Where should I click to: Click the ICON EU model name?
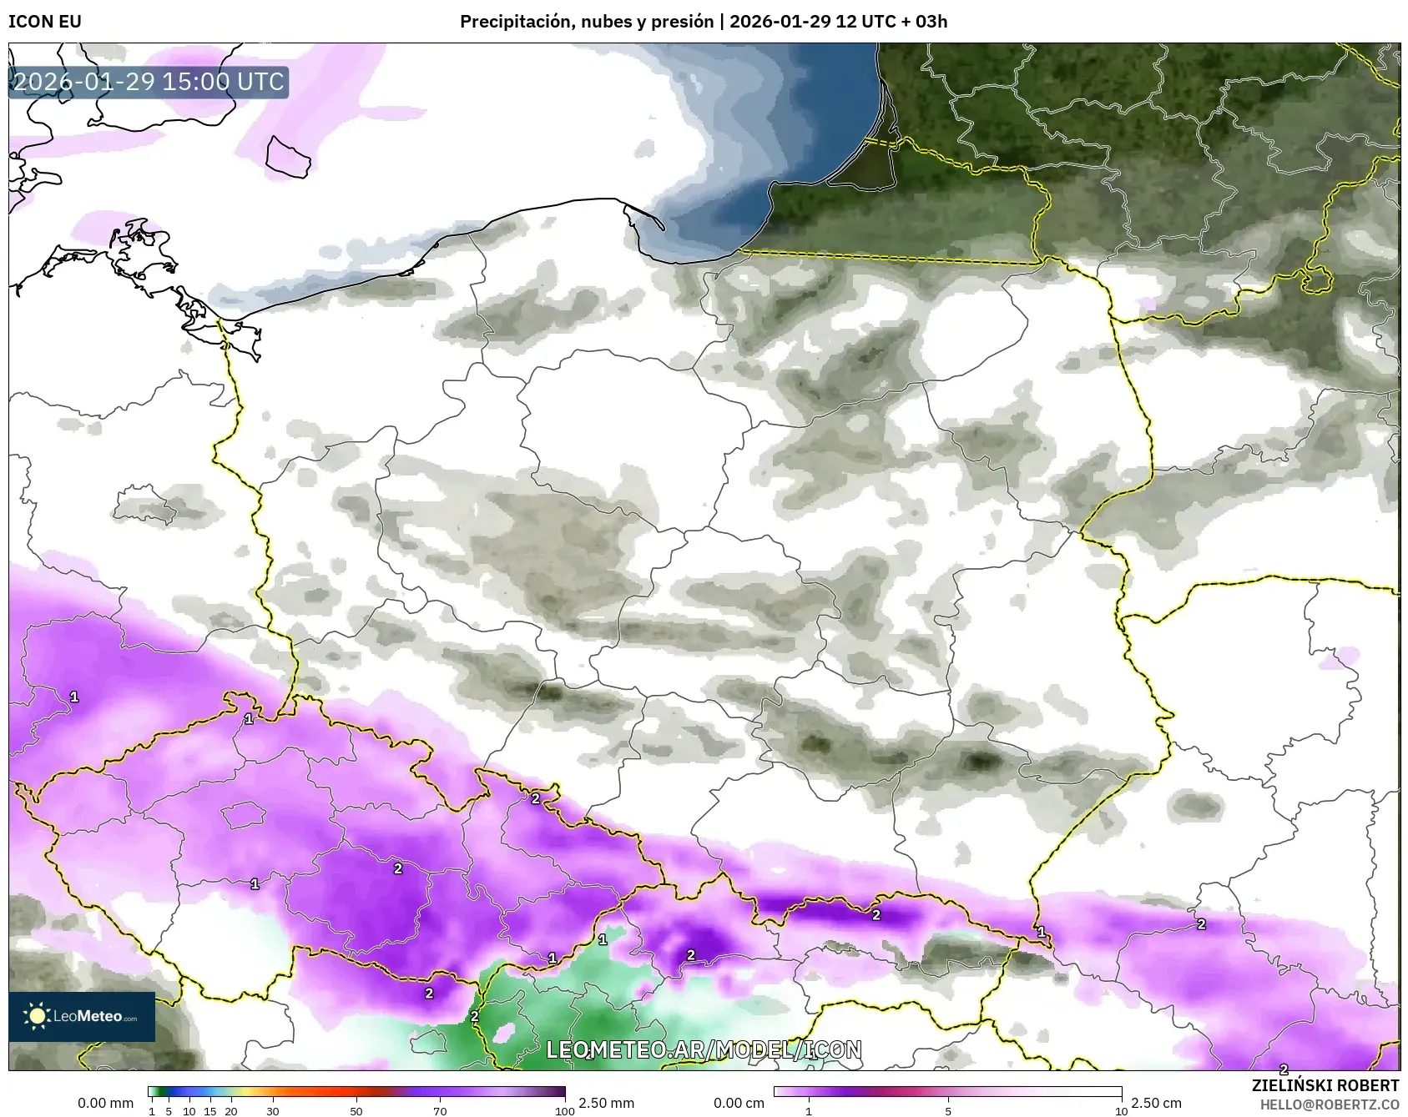tap(45, 22)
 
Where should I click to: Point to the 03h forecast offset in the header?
tap(931, 22)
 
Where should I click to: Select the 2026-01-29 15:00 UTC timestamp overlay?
tap(149, 82)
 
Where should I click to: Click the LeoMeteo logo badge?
tap(82, 1016)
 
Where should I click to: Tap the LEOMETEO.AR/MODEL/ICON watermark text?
tap(704, 1049)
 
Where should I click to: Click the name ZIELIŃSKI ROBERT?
tap(1325, 1085)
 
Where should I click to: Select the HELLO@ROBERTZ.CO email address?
tap(1329, 1104)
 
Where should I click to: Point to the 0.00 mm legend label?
tap(105, 1103)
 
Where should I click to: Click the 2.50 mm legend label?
tap(606, 1103)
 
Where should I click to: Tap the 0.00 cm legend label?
tap(739, 1103)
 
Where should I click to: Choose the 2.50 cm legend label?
tap(1156, 1103)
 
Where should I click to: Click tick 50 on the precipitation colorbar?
tap(356, 1111)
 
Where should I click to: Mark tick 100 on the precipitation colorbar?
tap(565, 1111)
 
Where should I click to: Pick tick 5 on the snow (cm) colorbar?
tap(947, 1111)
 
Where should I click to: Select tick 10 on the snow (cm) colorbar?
tap(1121, 1111)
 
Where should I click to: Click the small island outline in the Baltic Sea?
tap(288, 157)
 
